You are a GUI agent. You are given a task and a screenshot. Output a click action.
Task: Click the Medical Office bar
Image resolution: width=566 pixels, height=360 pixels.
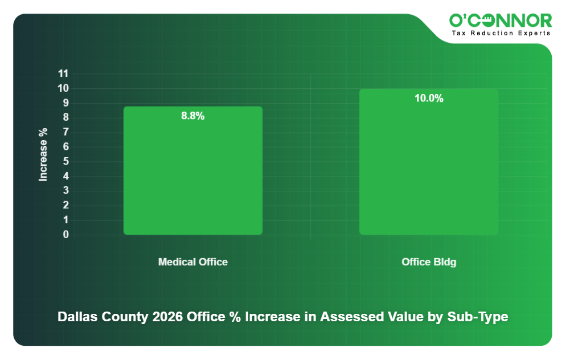click(193, 171)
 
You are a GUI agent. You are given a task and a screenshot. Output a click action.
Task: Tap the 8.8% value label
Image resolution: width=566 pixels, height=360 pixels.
click(193, 116)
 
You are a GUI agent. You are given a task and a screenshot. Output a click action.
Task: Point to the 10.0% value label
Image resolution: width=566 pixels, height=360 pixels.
click(429, 99)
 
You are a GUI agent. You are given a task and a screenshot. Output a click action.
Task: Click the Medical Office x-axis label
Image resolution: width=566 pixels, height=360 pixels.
click(193, 262)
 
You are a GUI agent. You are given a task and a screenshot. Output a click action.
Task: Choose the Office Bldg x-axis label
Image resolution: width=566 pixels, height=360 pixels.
click(429, 262)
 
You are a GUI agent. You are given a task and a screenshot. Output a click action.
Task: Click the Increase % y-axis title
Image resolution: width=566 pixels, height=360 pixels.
click(43, 154)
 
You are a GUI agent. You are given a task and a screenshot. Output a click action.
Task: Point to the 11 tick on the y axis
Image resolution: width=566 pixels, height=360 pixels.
click(63, 73)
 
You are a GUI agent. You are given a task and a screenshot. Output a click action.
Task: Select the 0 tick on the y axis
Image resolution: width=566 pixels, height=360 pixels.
click(66, 235)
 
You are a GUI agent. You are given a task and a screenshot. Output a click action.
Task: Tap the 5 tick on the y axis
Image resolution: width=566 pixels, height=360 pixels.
click(66, 161)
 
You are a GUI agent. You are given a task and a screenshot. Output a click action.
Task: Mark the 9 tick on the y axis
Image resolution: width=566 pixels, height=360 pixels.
click(66, 103)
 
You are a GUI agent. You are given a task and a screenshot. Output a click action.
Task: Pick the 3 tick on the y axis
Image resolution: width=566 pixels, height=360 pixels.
click(66, 191)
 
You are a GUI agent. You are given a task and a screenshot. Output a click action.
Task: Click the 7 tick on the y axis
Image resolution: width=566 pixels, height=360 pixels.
click(66, 132)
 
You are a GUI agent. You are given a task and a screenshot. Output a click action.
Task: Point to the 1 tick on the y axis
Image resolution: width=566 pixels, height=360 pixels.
click(66, 220)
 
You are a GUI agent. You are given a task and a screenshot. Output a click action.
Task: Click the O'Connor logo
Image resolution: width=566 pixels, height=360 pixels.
click(501, 21)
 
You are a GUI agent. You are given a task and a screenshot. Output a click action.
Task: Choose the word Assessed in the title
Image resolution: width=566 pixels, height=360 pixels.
click(348, 317)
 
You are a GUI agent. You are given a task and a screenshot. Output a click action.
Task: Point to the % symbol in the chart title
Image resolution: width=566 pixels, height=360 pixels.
click(232, 317)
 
